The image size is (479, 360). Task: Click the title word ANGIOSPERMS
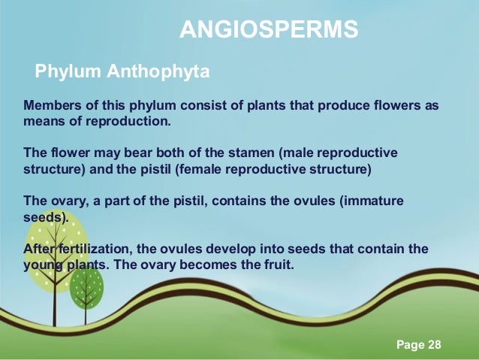[269, 30]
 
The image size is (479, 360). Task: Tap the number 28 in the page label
[434, 345]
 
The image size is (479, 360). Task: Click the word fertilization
[94, 250]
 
